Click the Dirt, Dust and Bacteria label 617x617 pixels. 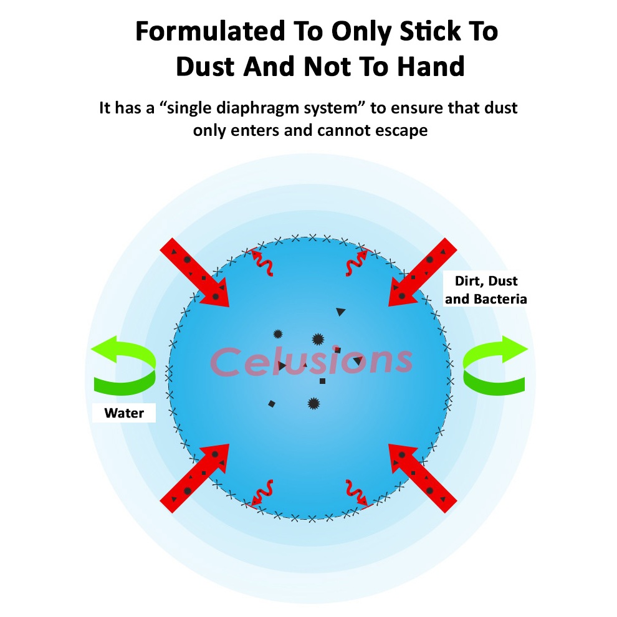coord(486,290)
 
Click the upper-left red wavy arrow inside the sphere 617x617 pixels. coord(264,260)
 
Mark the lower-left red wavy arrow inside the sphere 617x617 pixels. coord(263,492)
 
